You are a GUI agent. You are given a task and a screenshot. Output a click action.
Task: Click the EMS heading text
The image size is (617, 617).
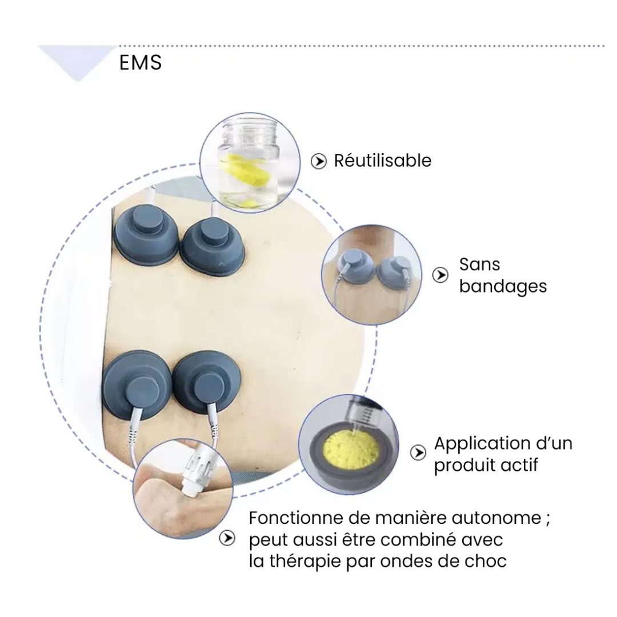[x=141, y=63]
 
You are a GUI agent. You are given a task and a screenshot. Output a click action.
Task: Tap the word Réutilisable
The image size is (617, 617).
[x=382, y=161]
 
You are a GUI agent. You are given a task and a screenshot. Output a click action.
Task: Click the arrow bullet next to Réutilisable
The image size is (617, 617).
[x=318, y=162]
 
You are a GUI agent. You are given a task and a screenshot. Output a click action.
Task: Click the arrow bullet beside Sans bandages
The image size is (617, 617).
[x=440, y=275]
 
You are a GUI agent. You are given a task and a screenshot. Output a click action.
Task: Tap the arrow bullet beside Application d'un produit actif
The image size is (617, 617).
[x=419, y=453]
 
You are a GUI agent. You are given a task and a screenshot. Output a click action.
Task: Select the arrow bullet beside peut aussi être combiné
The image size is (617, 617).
[x=228, y=538]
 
